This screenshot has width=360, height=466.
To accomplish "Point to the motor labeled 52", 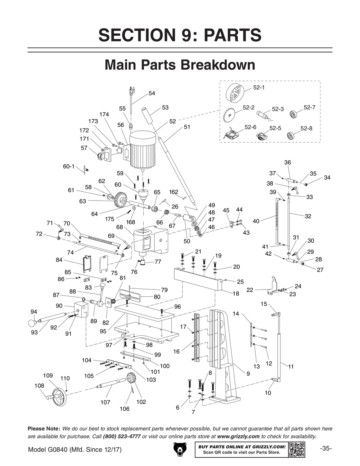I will (143, 149).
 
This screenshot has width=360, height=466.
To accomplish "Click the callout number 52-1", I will (258, 88).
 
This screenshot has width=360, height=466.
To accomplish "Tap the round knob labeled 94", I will (33, 323).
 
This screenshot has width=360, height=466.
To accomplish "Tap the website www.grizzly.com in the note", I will (238, 436).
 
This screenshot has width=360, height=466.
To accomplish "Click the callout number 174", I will (104, 114).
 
